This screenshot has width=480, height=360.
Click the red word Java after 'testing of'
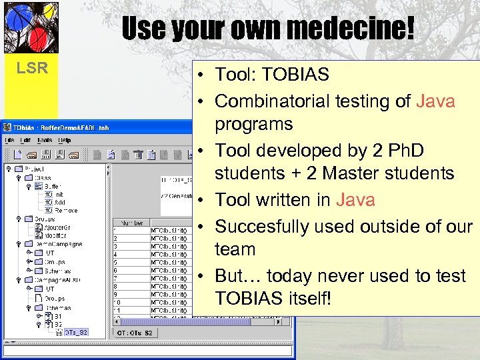[x=435, y=101]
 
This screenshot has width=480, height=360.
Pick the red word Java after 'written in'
[x=355, y=200]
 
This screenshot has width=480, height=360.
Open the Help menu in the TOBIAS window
[x=64, y=140]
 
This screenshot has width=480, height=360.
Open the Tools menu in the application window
[x=45, y=140]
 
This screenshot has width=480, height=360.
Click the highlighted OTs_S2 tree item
[x=74, y=332]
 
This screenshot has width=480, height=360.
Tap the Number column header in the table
[x=131, y=223]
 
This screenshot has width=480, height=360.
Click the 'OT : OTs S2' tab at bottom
[x=136, y=333]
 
